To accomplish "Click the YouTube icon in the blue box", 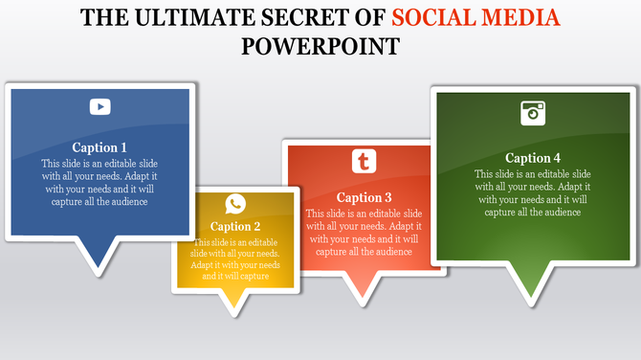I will pyautogui.click(x=100, y=107).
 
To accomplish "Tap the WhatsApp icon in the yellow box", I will pyautogui.click(x=235, y=204).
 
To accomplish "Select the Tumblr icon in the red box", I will pyautogui.click(x=364, y=161).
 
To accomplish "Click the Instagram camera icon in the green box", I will pyautogui.click(x=533, y=113).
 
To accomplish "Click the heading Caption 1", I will pyautogui.click(x=99, y=147).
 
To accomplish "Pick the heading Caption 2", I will pyautogui.click(x=235, y=227).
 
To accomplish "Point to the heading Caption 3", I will pyautogui.click(x=364, y=197).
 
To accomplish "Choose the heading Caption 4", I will pyautogui.click(x=533, y=158).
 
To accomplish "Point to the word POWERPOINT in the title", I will pyautogui.click(x=320, y=46).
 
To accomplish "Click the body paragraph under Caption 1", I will pyautogui.click(x=99, y=182).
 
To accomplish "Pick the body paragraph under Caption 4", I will pyautogui.click(x=533, y=193).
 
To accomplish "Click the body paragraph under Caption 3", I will pyautogui.click(x=364, y=233).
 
